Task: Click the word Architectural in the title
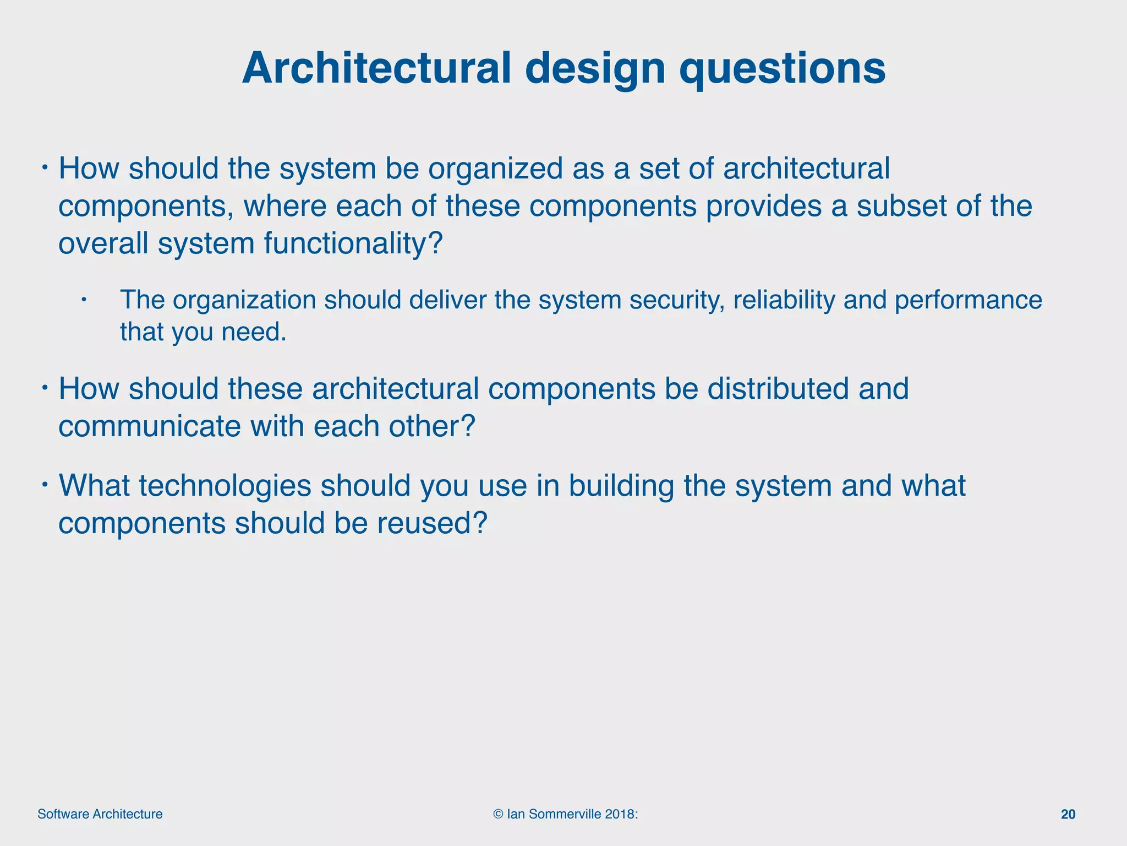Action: [x=376, y=68]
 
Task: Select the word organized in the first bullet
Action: [x=495, y=169]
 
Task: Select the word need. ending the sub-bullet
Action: [x=254, y=332]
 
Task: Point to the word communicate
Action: [x=149, y=426]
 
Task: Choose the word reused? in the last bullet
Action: [x=432, y=523]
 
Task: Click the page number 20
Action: [x=1068, y=815]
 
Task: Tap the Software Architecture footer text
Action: [x=100, y=815]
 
